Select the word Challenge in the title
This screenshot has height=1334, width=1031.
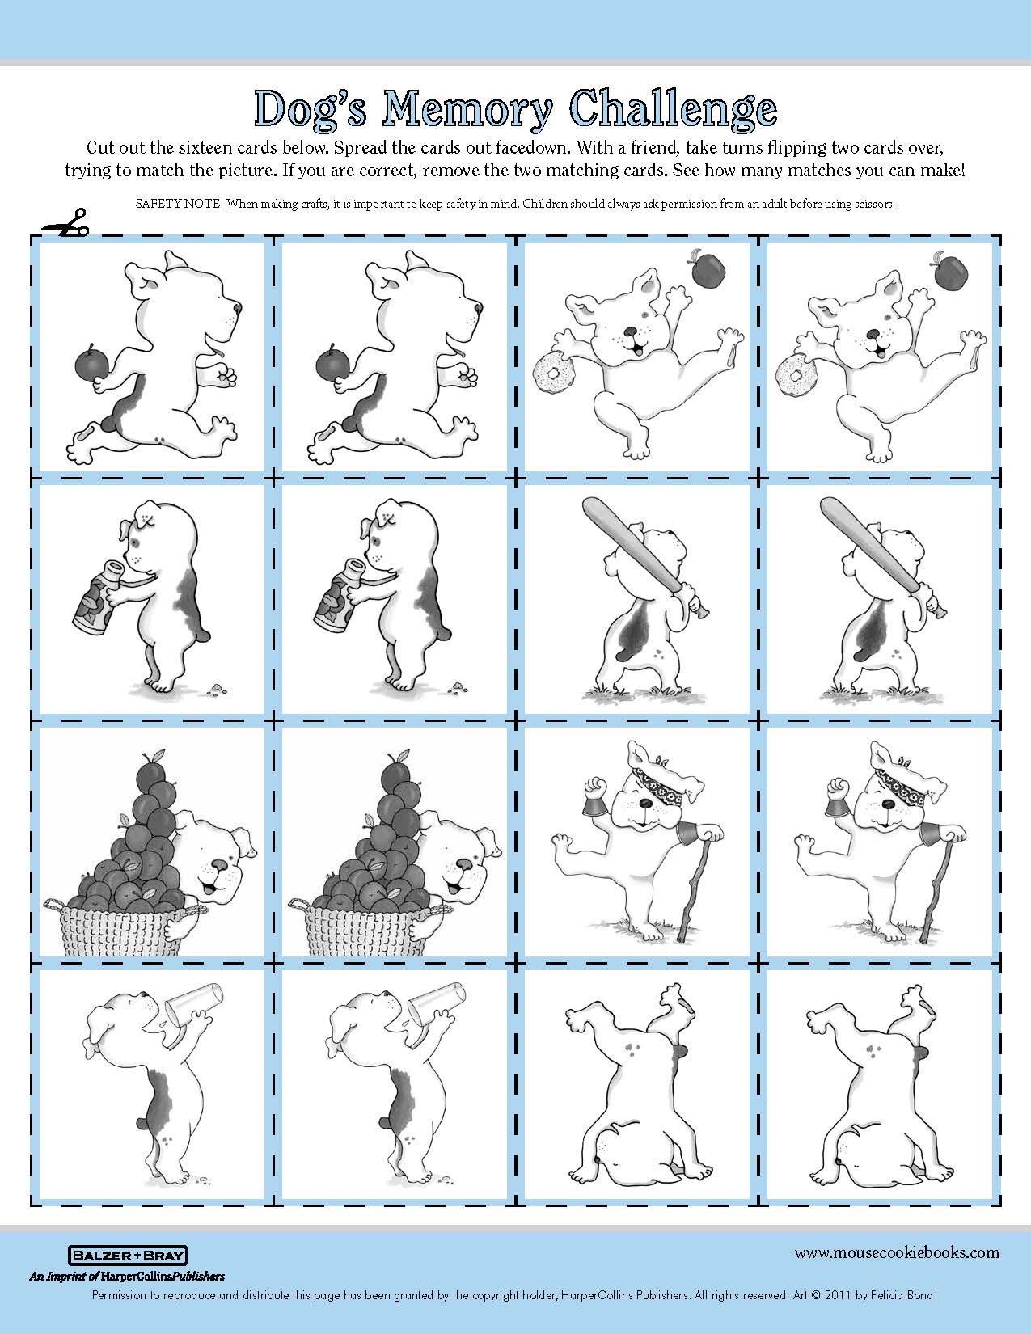tap(674, 110)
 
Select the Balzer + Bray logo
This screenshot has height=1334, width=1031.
tap(127, 1256)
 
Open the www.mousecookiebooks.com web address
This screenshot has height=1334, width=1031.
tap(897, 1252)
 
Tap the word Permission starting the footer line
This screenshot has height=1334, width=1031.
tap(118, 1296)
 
